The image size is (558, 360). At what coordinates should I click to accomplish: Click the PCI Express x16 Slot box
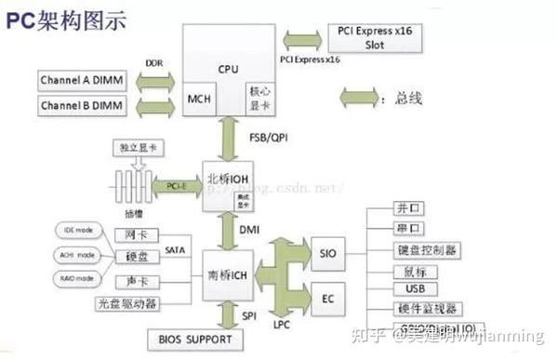pos(362,37)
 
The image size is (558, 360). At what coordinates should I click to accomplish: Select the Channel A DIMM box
pos(82,80)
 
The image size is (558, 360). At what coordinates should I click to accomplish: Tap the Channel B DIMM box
pos(82,106)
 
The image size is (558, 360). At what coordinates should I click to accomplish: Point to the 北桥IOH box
pos(228,176)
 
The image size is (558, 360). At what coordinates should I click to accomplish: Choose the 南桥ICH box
pos(228,275)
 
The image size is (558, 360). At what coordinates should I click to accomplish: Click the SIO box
pos(327,252)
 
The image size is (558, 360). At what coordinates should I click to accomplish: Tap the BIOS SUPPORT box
pos(189,340)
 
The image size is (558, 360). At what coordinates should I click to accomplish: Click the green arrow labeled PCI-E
pos(177,186)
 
